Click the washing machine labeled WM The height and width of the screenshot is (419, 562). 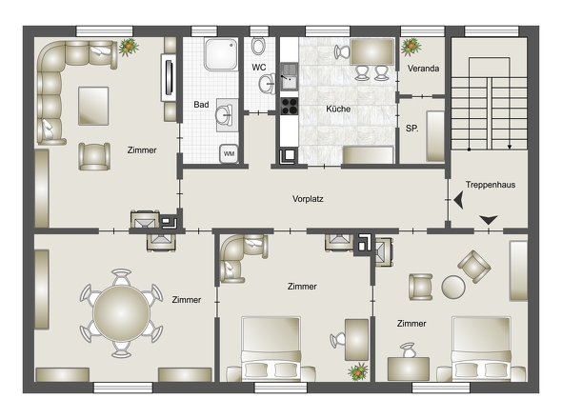tap(229, 153)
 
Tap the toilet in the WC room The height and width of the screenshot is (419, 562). tap(258, 45)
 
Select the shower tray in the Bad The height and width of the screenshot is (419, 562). tap(220, 54)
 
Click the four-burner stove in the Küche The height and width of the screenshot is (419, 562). tap(289, 106)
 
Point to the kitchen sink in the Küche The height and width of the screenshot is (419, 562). tap(289, 76)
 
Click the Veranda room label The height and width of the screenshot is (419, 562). tap(423, 69)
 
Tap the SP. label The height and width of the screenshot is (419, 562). tap(411, 129)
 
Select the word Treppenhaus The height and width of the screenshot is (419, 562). tap(491, 185)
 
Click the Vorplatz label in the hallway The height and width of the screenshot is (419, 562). tap(308, 199)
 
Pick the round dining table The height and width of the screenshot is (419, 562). tap(121, 313)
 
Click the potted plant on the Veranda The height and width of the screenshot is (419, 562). tap(411, 47)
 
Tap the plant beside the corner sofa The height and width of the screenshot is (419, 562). tap(129, 47)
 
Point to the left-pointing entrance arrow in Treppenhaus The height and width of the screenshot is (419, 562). tap(459, 200)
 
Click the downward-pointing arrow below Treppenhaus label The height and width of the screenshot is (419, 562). tap(489, 220)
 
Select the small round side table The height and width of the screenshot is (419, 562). tap(453, 287)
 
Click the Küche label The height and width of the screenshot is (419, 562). tap(338, 109)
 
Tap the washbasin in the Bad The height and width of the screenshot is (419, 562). tap(225, 115)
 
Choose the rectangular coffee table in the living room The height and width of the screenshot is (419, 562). tap(93, 106)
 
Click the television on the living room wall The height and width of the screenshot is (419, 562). tap(169, 77)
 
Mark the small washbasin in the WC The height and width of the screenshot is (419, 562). tap(267, 84)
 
